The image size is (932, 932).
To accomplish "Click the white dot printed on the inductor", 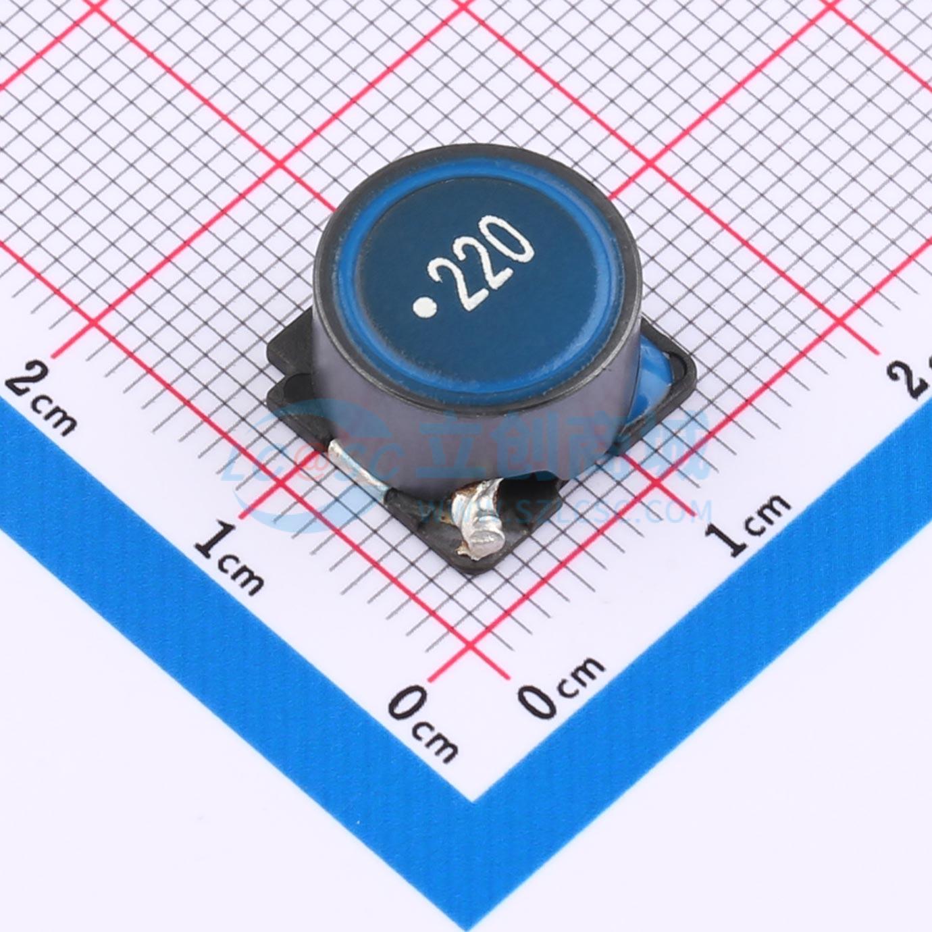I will tap(424, 309).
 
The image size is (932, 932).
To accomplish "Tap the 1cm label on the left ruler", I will tap(230, 558).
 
